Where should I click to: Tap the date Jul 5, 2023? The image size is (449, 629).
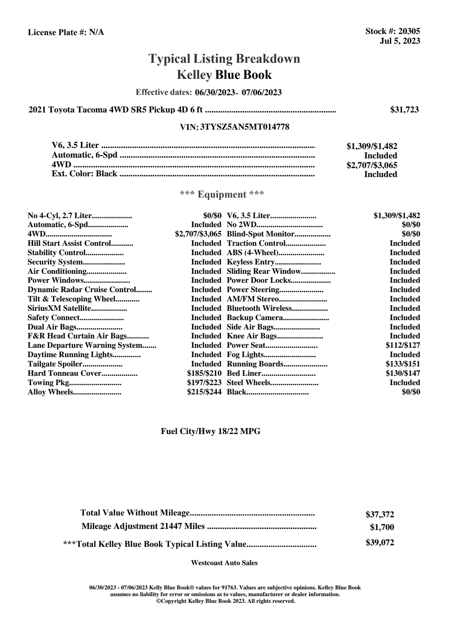click(x=400, y=41)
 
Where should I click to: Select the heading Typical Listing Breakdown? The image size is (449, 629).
click(x=224, y=59)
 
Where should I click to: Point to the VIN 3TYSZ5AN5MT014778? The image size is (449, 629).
click(x=245, y=127)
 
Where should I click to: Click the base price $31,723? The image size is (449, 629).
click(x=404, y=110)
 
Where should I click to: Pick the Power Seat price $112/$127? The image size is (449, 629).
click(x=403, y=346)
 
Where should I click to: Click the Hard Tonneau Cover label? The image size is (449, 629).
click(x=65, y=373)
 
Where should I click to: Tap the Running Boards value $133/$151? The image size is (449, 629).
click(x=403, y=364)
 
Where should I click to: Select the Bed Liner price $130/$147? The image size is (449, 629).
click(x=403, y=373)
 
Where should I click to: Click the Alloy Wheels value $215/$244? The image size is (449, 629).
click(x=204, y=392)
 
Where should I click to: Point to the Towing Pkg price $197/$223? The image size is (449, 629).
click(x=204, y=382)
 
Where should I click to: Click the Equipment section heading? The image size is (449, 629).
click(x=222, y=195)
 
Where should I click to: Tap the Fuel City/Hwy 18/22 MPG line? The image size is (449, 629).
click(x=210, y=431)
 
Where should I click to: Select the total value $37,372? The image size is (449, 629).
click(x=380, y=514)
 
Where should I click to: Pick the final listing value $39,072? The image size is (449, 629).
click(x=380, y=543)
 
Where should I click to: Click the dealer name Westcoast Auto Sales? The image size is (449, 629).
click(x=224, y=563)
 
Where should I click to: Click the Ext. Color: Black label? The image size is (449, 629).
click(x=84, y=174)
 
